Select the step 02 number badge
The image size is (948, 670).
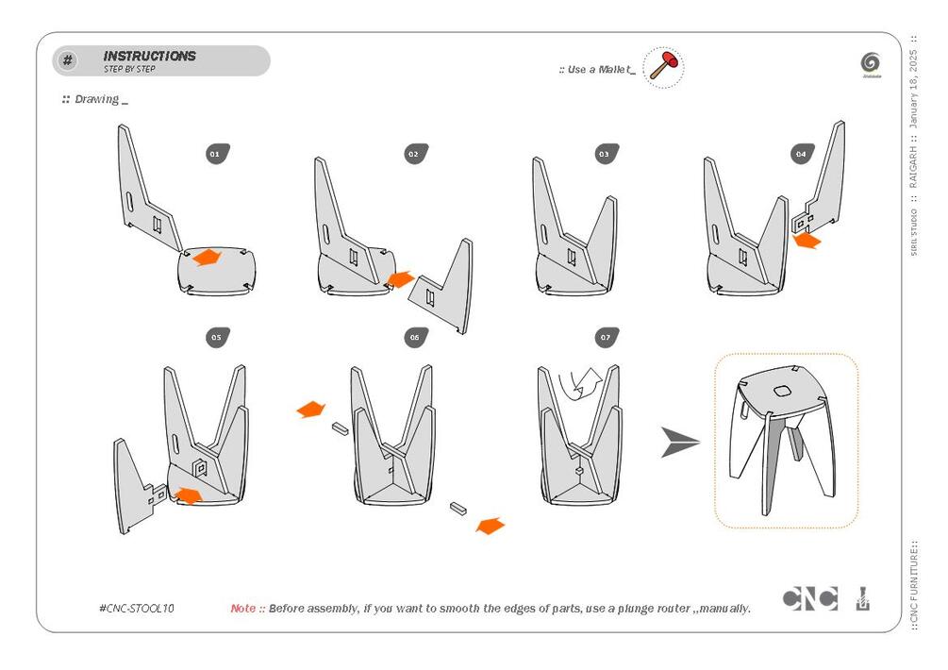pos(415,153)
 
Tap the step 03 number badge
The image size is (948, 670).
pos(606,153)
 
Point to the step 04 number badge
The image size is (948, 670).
pos(802,153)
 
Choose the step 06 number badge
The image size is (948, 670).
pos(415,337)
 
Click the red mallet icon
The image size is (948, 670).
pos(665,68)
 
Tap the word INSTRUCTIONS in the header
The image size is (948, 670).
pos(149,56)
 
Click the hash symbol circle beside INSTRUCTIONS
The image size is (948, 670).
pos(68,61)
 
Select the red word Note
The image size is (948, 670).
pos(242,609)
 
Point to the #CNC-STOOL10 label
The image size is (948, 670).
pos(136,609)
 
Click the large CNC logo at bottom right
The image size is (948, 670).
pos(809,598)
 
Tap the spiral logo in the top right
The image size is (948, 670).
pos(871,63)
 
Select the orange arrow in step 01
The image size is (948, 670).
pos(207,257)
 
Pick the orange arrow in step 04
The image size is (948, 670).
pos(807,242)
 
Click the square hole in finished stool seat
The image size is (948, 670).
pos(782,392)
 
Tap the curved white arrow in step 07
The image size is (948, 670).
pos(581,383)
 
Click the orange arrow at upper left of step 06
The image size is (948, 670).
pos(310,410)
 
